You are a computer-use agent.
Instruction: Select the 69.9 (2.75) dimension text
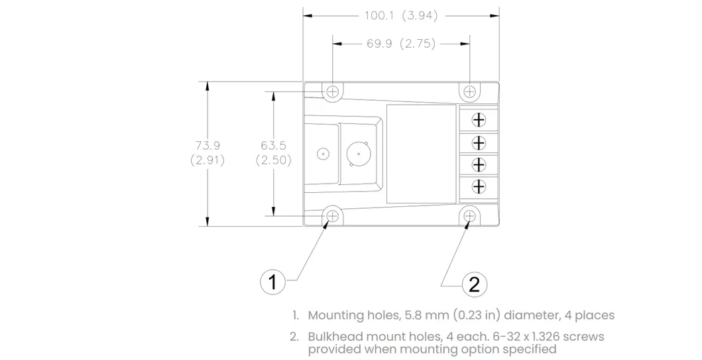[400, 44]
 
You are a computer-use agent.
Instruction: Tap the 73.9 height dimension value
[207, 145]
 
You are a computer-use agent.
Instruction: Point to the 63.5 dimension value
[273, 145]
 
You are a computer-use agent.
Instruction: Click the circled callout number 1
[272, 282]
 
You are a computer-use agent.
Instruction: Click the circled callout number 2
[473, 284]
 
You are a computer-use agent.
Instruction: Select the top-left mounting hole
[333, 91]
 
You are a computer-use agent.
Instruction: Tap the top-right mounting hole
[469, 91]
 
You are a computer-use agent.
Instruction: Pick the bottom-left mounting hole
[333, 215]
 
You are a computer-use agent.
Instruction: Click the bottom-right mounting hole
[469, 215]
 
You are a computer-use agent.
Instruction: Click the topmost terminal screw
[479, 119]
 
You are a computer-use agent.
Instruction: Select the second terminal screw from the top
[479, 142]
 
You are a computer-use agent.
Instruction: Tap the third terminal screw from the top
[479, 164]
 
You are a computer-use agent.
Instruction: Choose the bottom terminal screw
[479, 186]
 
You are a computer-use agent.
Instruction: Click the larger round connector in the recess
[359, 154]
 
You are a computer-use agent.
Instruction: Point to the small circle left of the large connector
[323, 154]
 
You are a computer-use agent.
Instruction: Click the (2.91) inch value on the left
[207, 160]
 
